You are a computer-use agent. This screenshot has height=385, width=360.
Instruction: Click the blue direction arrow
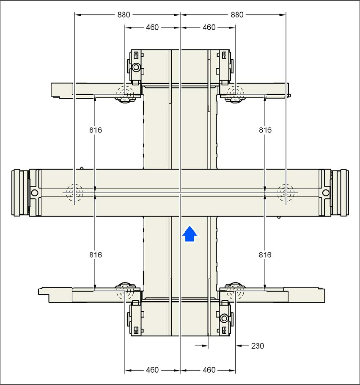[x=190, y=234]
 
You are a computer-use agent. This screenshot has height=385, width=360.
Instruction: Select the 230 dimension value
[x=258, y=346]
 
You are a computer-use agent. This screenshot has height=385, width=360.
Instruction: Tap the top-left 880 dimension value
[x=124, y=15]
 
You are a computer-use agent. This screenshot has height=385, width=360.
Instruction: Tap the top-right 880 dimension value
[x=237, y=15]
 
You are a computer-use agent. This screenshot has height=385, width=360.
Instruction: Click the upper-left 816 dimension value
[x=96, y=130]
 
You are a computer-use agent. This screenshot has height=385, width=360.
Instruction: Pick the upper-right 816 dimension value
[x=265, y=130]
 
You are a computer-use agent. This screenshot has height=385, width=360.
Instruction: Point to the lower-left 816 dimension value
[x=96, y=255]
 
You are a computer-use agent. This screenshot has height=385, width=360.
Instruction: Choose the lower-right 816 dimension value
[x=265, y=255]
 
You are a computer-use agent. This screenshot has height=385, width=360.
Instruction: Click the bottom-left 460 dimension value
[x=152, y=370]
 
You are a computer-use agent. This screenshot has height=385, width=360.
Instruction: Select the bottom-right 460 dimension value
[x=209, y=370]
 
